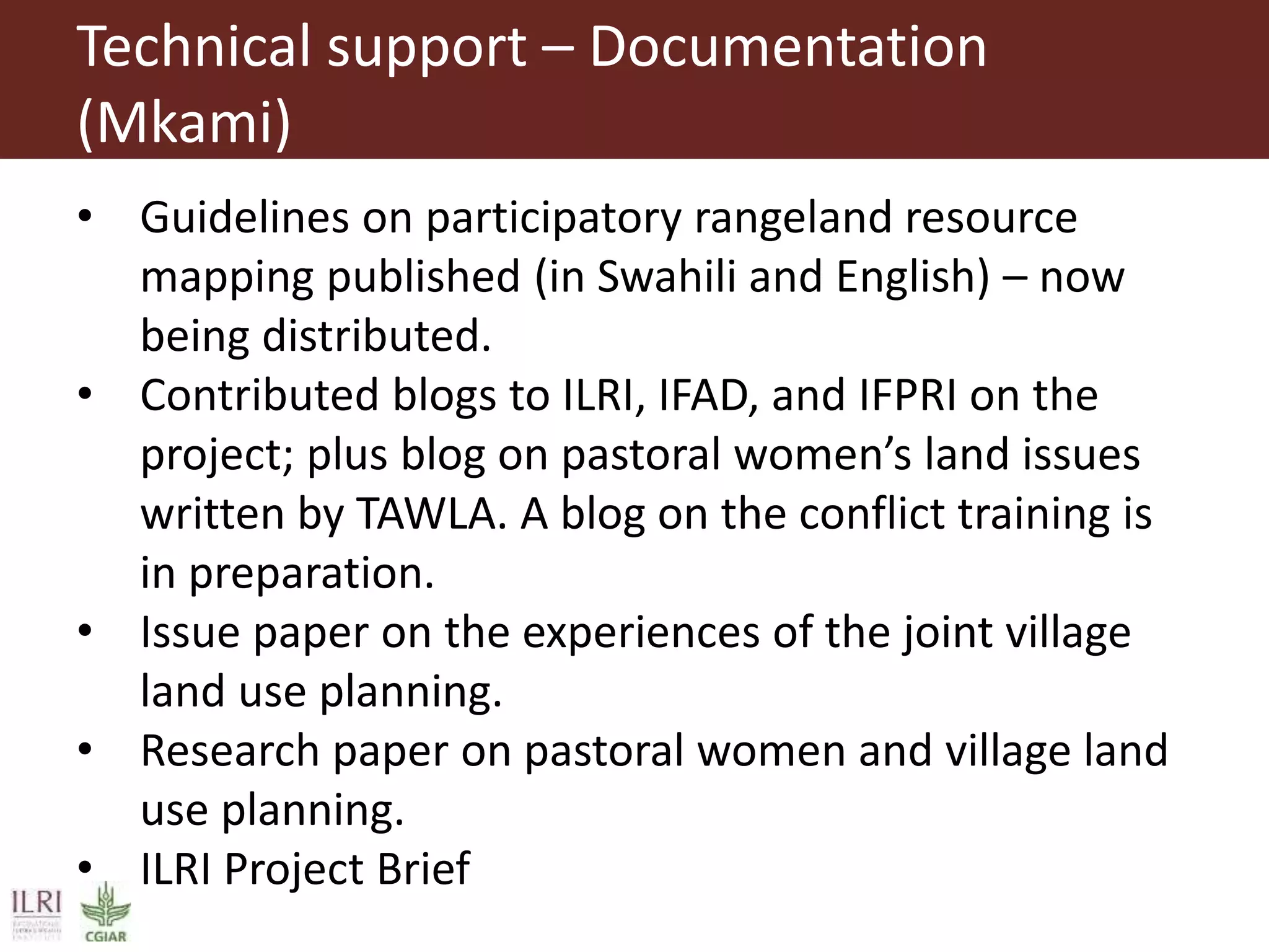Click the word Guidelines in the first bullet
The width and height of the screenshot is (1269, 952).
[x=245, y=218]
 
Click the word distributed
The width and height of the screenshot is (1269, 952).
[x=376, y=336]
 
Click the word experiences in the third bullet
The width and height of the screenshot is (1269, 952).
[x=641, y=633]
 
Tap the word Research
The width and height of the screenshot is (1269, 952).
[x=230, y=751]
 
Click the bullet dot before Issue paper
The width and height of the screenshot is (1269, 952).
[x=85, y=632]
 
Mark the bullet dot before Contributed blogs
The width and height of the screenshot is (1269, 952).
[x=85, y=394]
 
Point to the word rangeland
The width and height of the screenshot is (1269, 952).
[x=793, y=218]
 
